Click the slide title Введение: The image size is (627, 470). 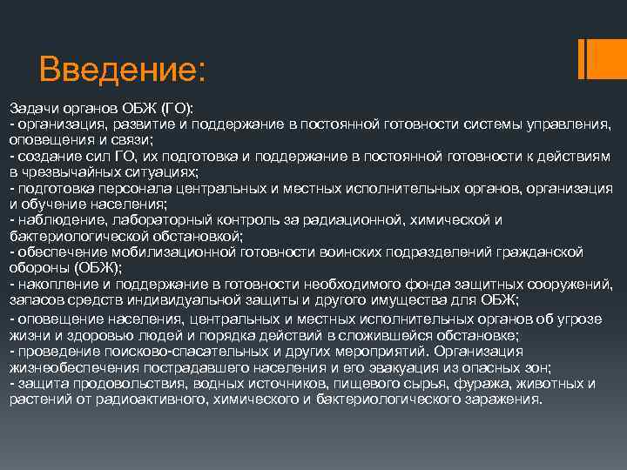click(122, 68)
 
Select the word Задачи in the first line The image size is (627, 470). click(31, 107)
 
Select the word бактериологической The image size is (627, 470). click(71, 236)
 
